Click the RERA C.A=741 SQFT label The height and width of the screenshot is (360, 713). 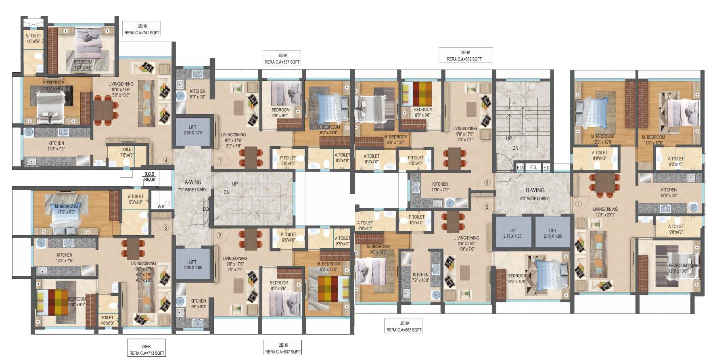pos(142,33)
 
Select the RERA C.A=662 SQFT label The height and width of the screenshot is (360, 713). pos(404,330)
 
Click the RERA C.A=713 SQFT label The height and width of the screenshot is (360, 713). pos(146,353)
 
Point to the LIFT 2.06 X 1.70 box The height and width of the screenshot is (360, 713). pos(193,130)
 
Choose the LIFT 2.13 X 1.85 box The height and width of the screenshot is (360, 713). pos(512,233)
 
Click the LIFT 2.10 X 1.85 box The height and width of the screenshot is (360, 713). pos(552,233)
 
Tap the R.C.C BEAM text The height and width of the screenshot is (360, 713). pos(149,177)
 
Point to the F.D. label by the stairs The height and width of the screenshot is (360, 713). pos(533,167)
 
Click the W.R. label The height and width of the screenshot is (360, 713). pos(161,206)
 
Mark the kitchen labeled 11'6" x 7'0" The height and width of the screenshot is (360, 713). pos(440,186)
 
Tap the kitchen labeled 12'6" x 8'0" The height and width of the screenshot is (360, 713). pos(669,193)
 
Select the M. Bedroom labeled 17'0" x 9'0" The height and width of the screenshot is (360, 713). pos(66,209)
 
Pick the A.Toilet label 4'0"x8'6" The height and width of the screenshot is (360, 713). pos(33,38)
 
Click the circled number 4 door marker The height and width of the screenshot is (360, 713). pos(165,160)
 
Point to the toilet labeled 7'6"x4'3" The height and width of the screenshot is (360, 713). pos(127,152)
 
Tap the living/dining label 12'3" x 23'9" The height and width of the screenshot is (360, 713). pos(605,212)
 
